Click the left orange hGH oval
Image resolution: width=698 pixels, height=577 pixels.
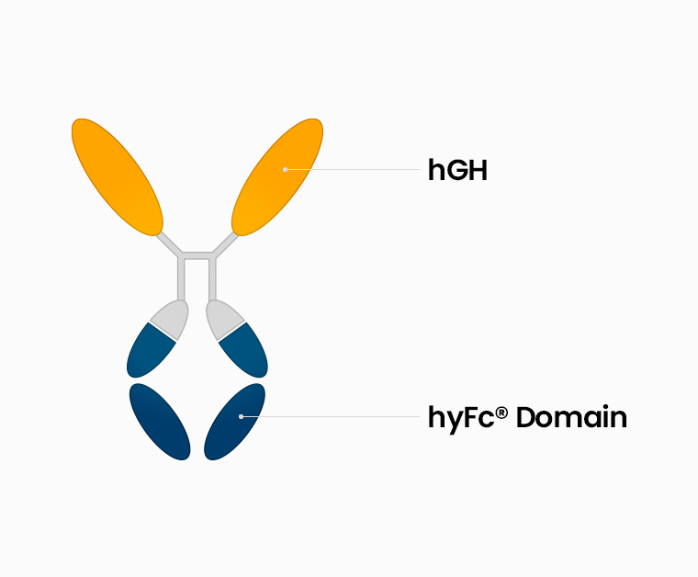point(117,176)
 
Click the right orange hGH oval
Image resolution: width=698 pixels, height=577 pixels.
point(277,176)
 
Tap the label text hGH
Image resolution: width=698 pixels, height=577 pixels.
point(457,170)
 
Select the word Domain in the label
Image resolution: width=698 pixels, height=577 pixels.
point(571,417)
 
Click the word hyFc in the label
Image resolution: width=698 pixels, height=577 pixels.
point(461,419)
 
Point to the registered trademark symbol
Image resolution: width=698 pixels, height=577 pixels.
point(501,413)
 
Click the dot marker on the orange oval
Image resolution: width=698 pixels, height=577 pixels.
point(285,170)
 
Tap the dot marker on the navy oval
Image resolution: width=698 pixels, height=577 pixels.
point(241,417)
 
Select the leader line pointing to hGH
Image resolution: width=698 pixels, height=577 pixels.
point(353,170)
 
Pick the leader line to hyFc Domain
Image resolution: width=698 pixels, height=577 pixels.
point(331,417)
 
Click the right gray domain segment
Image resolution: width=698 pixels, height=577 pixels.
point(223,319)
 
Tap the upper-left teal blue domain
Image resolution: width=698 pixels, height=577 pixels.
point(150,352)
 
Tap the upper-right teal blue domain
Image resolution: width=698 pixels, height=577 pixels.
point(244,352)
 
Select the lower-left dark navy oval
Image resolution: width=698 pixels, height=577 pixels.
point(160,422)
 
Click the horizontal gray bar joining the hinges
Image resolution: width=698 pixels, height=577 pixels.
point(197,255)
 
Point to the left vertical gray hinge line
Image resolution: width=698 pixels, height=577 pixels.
point(181,278)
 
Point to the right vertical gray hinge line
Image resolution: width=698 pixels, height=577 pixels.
point(213,278)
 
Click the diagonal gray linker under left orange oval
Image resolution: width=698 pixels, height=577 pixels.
point(169,244)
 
